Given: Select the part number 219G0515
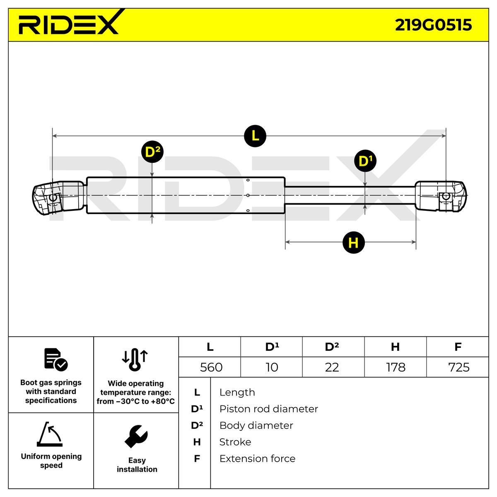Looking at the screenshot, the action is tap(433, 25).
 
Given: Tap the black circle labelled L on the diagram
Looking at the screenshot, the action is tap(255, 135).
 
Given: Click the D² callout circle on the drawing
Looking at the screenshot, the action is tap(152, 152).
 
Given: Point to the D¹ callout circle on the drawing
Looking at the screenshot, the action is tap(365, 161).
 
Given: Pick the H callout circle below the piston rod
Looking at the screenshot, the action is tap(353, 242).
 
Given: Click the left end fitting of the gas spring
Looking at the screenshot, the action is tap(58, 197).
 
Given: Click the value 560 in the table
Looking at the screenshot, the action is tap(211, 367).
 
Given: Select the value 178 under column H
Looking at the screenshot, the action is tap(396, 367).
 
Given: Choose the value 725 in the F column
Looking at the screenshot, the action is tap(458, 367).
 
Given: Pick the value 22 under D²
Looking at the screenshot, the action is tap(332, 367).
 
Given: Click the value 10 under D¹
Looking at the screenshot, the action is tap(272, 367).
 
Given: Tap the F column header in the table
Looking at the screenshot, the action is tap(458, 347).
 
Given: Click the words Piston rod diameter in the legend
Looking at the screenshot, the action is tap(268, 409).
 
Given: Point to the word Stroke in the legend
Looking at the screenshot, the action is tap(235, 442).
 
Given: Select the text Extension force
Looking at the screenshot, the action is tap(257, 459).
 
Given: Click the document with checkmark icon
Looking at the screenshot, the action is tap(55, 359).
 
